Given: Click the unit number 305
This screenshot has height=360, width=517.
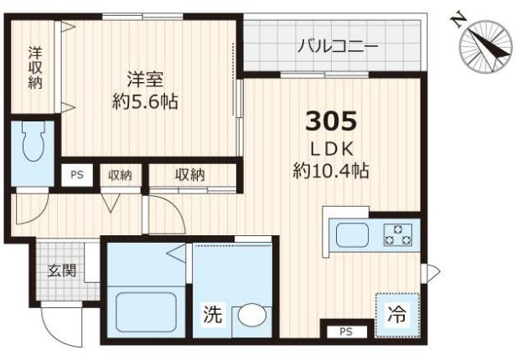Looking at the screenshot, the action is click(331, 121).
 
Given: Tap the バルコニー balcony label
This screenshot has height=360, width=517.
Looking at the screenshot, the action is click(337, 47).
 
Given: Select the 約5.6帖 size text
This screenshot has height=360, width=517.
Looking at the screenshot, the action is click(145, 101).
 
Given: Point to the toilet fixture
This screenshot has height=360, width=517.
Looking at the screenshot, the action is click(33, 141).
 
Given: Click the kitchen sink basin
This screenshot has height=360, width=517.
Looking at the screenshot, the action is click(352, 235).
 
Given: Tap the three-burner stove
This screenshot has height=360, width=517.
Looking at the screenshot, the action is click(398, 235).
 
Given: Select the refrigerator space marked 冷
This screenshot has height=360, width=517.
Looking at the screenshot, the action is click(398, 315).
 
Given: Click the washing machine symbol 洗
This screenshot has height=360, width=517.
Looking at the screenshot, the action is click(213, 315).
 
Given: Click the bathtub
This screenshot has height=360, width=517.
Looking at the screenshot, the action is click(147, 312).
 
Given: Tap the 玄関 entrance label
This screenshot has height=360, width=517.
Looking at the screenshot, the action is click(62, 270).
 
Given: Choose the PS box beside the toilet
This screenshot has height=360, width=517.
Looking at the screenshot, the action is click(77, 175).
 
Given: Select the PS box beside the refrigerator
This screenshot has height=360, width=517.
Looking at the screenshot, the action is click(346, 332).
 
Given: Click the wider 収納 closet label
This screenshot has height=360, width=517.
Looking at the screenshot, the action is click(190, 175).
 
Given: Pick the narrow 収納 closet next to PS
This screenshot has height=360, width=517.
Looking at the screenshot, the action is click(121, 175).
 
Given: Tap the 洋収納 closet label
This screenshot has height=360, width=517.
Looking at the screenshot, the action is click(35, 68).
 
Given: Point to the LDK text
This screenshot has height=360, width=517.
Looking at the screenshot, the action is click(333, 150).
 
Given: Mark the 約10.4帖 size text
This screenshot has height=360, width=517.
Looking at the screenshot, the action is click(331, 171).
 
